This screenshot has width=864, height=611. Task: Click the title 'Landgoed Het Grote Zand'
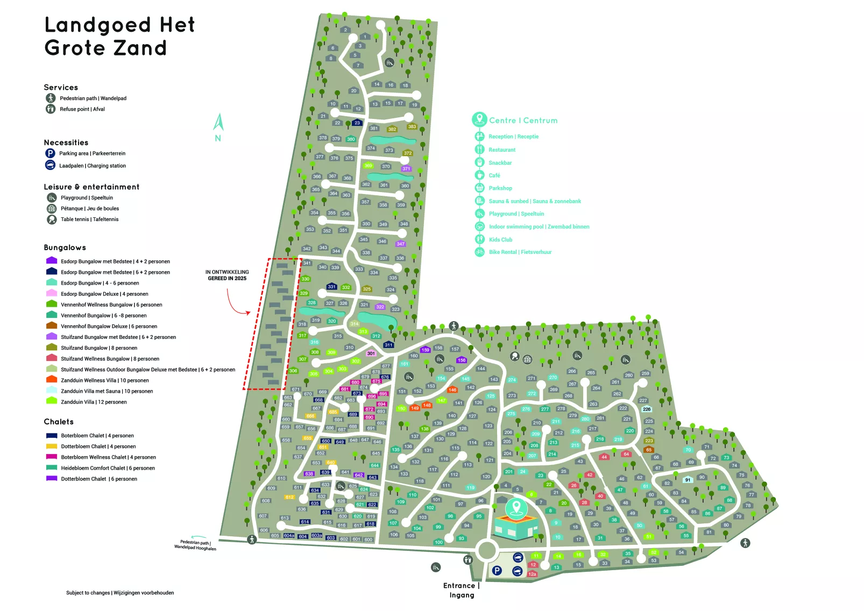point(119,36)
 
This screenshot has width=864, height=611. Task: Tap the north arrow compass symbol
point(218,127)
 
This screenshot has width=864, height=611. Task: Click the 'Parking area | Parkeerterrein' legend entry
point(91,153)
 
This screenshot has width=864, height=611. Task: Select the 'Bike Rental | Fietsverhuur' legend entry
point(520,252)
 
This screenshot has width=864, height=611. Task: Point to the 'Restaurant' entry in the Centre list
point(501,150)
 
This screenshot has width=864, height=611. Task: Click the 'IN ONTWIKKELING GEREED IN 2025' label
point(227,275)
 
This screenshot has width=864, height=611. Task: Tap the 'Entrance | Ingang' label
point(461,590)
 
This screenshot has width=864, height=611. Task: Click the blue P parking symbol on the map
point(497,571)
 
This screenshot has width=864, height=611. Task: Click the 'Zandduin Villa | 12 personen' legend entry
point(94,402)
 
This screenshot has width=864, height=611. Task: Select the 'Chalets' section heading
point(59,422)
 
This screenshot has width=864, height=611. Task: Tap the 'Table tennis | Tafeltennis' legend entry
point(89,219)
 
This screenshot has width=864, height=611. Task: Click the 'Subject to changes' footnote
point(120,593)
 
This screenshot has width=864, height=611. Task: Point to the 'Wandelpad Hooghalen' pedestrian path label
point(195,545)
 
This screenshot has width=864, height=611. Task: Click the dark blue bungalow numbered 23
point(357,123)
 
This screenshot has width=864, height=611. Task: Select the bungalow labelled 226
point(647,409)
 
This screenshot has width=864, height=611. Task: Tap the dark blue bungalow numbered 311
point(388,345)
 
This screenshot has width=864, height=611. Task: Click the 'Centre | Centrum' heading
point(523,120)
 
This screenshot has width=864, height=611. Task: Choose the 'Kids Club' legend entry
point(500,240)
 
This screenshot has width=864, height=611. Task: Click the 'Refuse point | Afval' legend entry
point(82,109)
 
